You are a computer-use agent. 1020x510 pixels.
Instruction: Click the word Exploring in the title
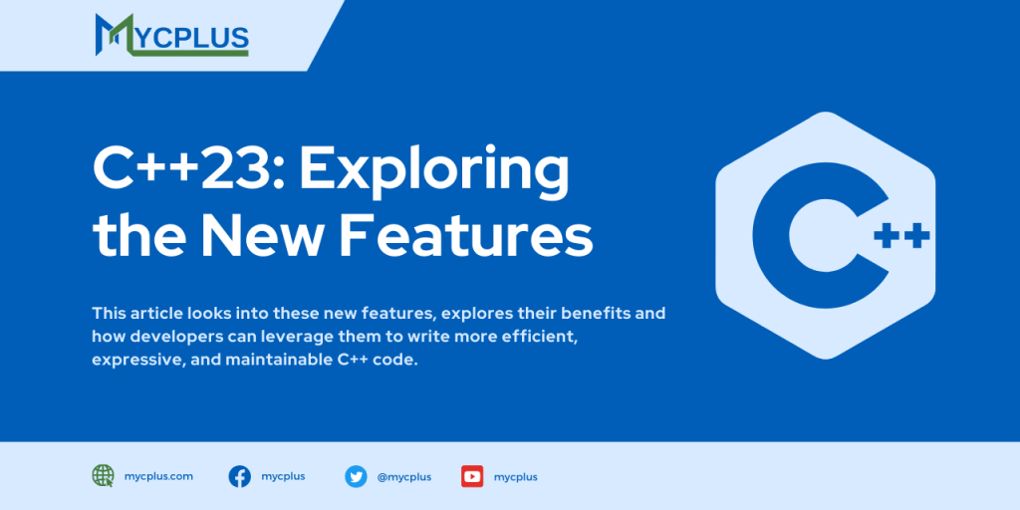click(x=434, y=171)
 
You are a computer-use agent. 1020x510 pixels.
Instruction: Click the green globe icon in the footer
click(x=103, y=476)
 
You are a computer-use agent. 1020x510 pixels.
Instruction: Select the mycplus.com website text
click(x=159, y=476)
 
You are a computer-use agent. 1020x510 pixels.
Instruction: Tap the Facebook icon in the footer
click(x=239, y=476)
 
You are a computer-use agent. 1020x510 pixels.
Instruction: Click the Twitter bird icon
click(x=356, y=476)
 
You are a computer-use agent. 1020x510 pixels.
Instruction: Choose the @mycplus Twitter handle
click(x=404, y=477)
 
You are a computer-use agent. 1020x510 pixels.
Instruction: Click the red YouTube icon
click(x=472, y=476)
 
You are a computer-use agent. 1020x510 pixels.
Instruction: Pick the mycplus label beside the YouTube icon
click(x=516, y=477)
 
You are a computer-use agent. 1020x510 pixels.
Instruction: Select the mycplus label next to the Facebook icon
click(x=284, y=476)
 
